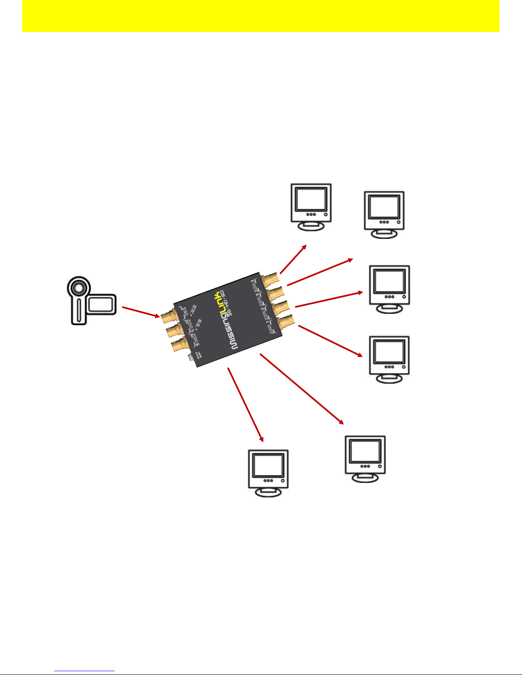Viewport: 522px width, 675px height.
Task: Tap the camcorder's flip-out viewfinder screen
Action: [101, 304]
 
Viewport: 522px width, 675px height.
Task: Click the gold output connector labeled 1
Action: [286, 320]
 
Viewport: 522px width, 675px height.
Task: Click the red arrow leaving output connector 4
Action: [293, 259]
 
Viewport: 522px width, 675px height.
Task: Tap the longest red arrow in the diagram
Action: [301, 388]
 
